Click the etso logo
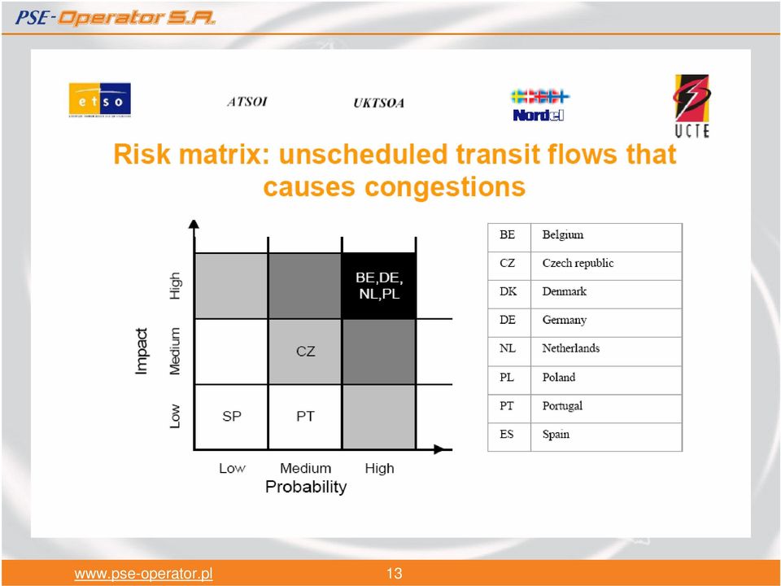click(99, 99)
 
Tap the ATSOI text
click(247, 103)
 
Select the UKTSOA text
click(378, 103)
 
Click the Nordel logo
click(539, 105)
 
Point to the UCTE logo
click(692, 106)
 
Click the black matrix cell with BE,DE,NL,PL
click(378, 286)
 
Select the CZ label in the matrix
click(305, 352)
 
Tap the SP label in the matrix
click(232, 416)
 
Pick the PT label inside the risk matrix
click(305, 416)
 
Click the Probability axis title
click(306, 487)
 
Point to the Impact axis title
click(142, 351)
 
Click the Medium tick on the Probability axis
click(305, 469)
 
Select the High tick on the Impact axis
click(174, 286)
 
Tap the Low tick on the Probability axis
click(232, 469)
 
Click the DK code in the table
click(508, 291)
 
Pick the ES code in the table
click(507, 435)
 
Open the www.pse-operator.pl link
click(143, 574)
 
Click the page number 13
click(395, 573)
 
